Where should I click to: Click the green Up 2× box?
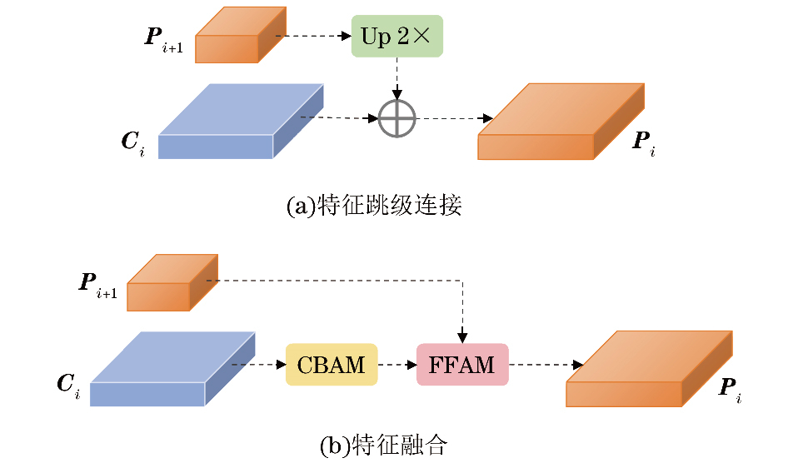pos(397,36)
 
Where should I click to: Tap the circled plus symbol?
pos(397,118)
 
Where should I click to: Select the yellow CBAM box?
pos(332,365)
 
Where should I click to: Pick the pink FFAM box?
pos(462,365)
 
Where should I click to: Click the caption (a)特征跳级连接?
pos(373,205)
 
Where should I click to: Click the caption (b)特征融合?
pos(383,446)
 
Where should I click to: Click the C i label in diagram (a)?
pos(132,142)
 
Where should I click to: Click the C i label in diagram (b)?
pos(67,385)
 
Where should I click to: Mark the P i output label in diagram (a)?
pos(643,142)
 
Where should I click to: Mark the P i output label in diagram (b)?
pos(729,388)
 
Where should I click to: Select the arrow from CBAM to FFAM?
pos(397,365)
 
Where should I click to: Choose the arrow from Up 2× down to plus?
pos(397,79)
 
